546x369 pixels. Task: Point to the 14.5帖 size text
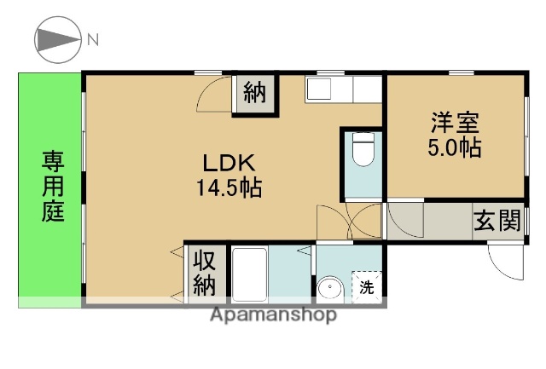coord(229,187)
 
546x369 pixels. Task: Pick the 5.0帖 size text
coord(454,147)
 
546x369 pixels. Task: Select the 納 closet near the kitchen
coord(254,92)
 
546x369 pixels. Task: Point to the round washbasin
coord(328,289)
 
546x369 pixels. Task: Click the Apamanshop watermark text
coord(273,314)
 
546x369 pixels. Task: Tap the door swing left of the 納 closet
coord(214,95)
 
